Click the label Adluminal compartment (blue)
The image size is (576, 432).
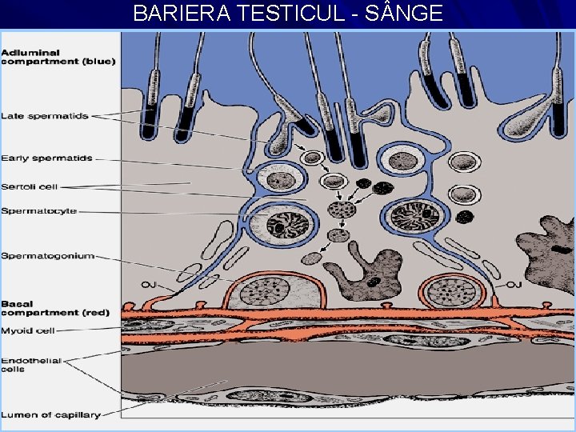[x=58, y=56]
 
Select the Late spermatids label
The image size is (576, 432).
[x=45, y=116]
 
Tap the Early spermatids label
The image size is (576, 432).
[x=46, y=158]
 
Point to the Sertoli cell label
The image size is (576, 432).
[x=29, y=186]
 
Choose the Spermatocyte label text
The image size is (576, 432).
[x=38, y=211]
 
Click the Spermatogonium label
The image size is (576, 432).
[x=47, y=256]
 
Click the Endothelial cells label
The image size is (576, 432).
[x=30, y=366]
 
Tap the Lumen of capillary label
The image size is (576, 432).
[x=50, y=414]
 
